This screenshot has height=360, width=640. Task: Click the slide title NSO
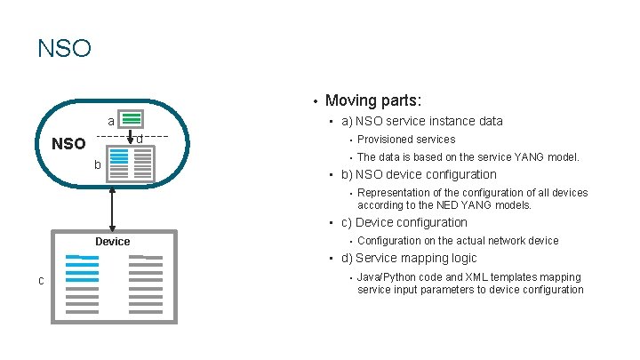coord(64,47)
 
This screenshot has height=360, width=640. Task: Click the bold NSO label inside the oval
coord(68,144)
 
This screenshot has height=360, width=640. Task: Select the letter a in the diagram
coord(110,121)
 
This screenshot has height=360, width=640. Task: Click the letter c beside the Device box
coord(41,281)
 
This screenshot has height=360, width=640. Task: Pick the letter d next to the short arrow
coord(140,140)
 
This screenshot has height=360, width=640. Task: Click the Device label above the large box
coord(112,241)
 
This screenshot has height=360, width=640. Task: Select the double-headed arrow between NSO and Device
coord(112,209)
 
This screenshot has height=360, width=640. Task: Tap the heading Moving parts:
coord(373,100)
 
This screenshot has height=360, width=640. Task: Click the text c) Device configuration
coord(404,222)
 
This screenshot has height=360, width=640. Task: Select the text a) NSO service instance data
coord(421,121)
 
